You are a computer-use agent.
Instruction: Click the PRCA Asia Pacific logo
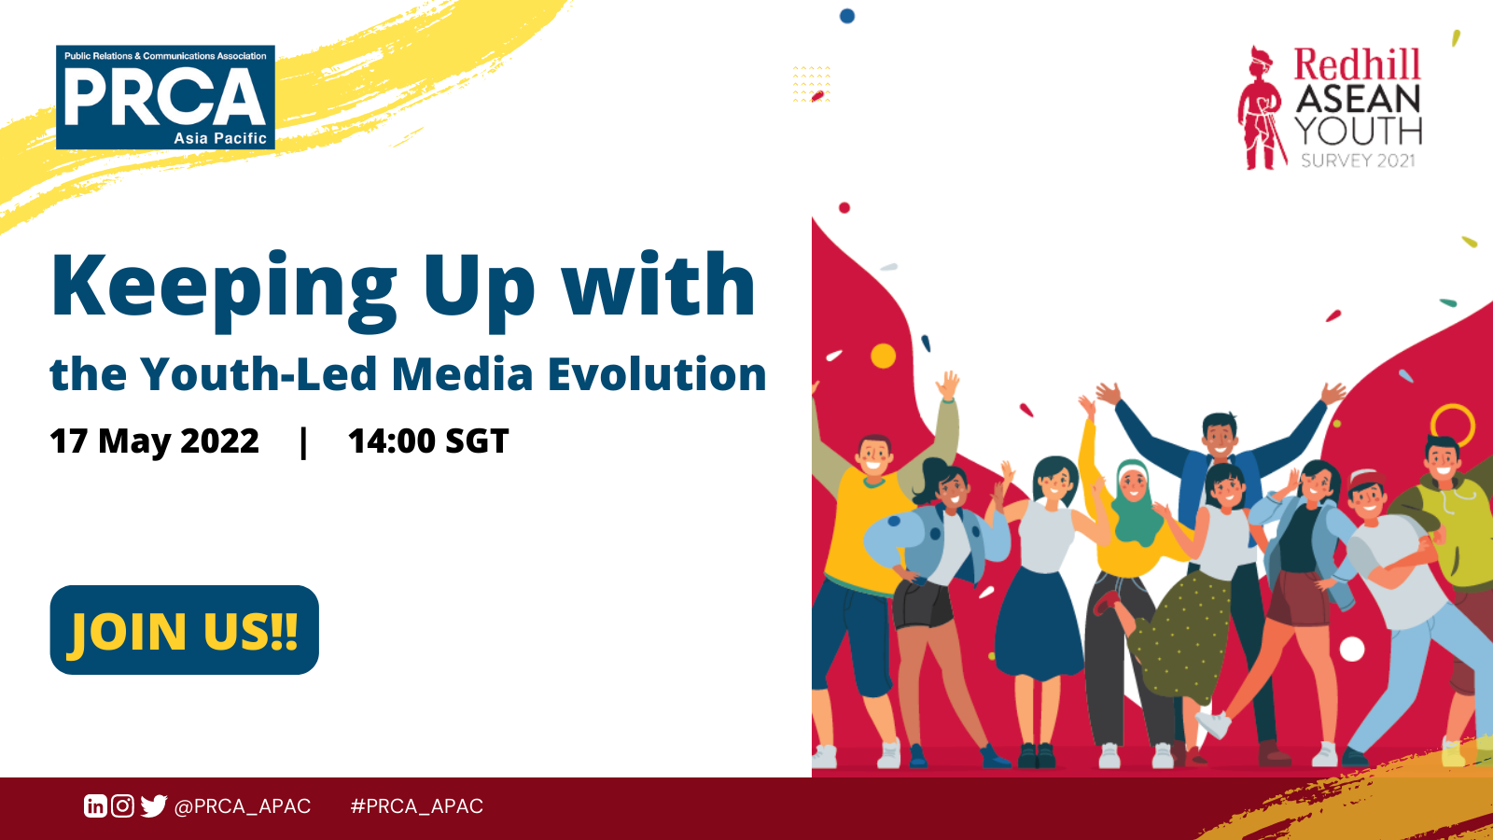pyautogui.click(x=165, y=97)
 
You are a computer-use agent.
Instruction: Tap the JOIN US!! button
pyautogui.click(x=185, y=630)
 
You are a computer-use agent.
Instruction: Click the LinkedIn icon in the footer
pyautogui.click(x=94, y=806)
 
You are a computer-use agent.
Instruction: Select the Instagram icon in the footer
pyautogui.click(x=122, y=806)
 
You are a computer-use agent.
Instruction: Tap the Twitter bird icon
pyautogui.click(x=153, y=806)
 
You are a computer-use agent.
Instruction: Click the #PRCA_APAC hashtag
pyautogui.click(x=416, y=806)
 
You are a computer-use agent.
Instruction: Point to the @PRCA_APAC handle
pyautogui.click(x=242, y=806)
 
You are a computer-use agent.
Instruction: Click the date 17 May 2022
pyautogui.click(x=154, y=441)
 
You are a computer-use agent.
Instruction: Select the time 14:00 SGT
pyautogui.click(x=428, y=441)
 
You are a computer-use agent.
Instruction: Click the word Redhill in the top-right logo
pyautogui.click(x=1357, y=64)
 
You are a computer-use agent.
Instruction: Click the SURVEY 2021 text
pyautogui.click(x=1358, y=161)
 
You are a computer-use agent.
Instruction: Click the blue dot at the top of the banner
pyautogui.click(x=847, y=16)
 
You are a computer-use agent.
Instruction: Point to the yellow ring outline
pyautogui.click(x=1453, y=407)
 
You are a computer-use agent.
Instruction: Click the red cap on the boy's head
pyautogui.click(x=1368, y=480)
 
